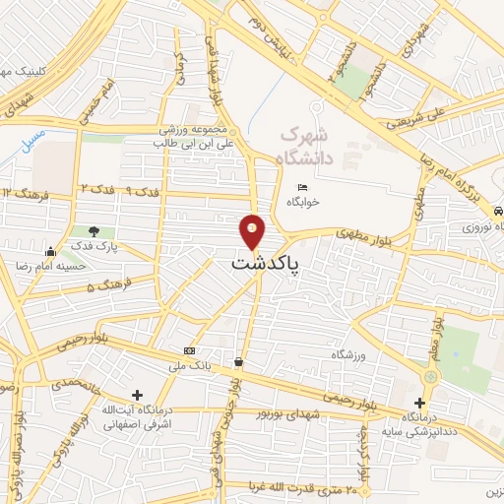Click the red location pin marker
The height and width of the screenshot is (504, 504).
pos(253,231)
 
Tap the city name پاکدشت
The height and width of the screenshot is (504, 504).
pos(266,264)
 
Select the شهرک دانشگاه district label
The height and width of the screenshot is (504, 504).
pos(308,145)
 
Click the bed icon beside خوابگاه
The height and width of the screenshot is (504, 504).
pos(302,188)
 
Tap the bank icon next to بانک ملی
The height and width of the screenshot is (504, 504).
pos(189,351)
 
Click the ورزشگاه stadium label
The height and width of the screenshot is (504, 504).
pos(348,352)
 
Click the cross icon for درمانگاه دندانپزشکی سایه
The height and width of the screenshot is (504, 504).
pos(420,403)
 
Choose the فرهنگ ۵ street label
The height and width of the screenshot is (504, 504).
pos(105,287)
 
